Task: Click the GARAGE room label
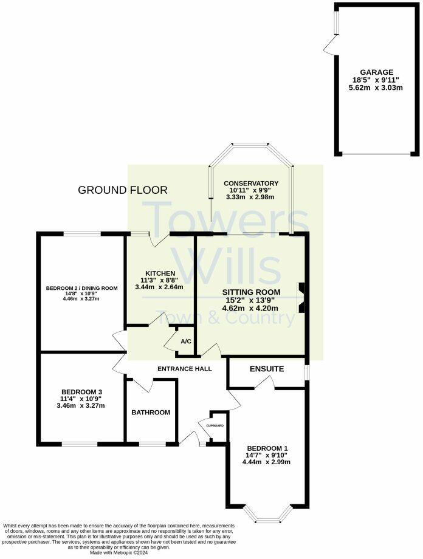click(x=376, y=71)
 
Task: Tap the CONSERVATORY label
click(x=251, y=183)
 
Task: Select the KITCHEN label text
click(x=160, y=273)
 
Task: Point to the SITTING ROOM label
click(x=251, y=292)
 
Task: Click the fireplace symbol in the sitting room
click(x=300, y=298)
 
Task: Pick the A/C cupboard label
click(x=186, y=341)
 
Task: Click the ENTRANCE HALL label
click(x=184, y=369)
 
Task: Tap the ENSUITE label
click(x=266, y=369)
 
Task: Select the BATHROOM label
click(x=151, y=413)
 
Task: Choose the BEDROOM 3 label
click(x=81, y=392)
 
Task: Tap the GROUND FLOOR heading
click(x=123, y=190)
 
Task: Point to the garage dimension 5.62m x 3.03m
click(x=376, y=87)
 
